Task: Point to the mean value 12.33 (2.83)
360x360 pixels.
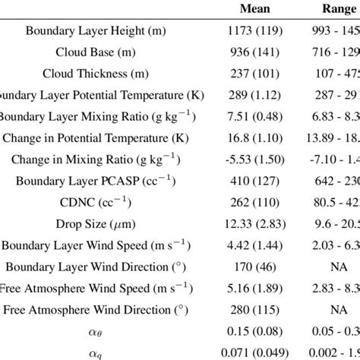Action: [257, 225]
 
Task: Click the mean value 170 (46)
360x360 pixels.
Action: [257, 267]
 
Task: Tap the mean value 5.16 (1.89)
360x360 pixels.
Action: [257, 289]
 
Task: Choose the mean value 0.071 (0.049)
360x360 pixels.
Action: [257, 352]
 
